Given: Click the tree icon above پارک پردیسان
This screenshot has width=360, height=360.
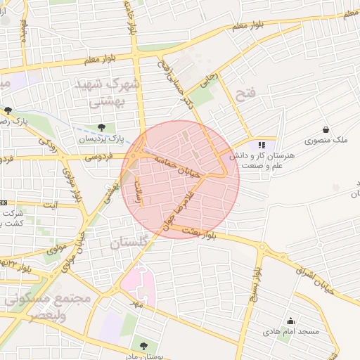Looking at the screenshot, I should point(102,127).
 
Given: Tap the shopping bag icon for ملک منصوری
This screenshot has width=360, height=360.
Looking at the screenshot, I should point(326,129).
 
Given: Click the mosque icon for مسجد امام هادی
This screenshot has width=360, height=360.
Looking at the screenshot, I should point(290,321).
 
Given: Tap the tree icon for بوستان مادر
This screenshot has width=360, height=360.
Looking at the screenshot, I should point(143,346).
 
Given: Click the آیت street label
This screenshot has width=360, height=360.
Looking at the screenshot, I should point(50,205).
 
